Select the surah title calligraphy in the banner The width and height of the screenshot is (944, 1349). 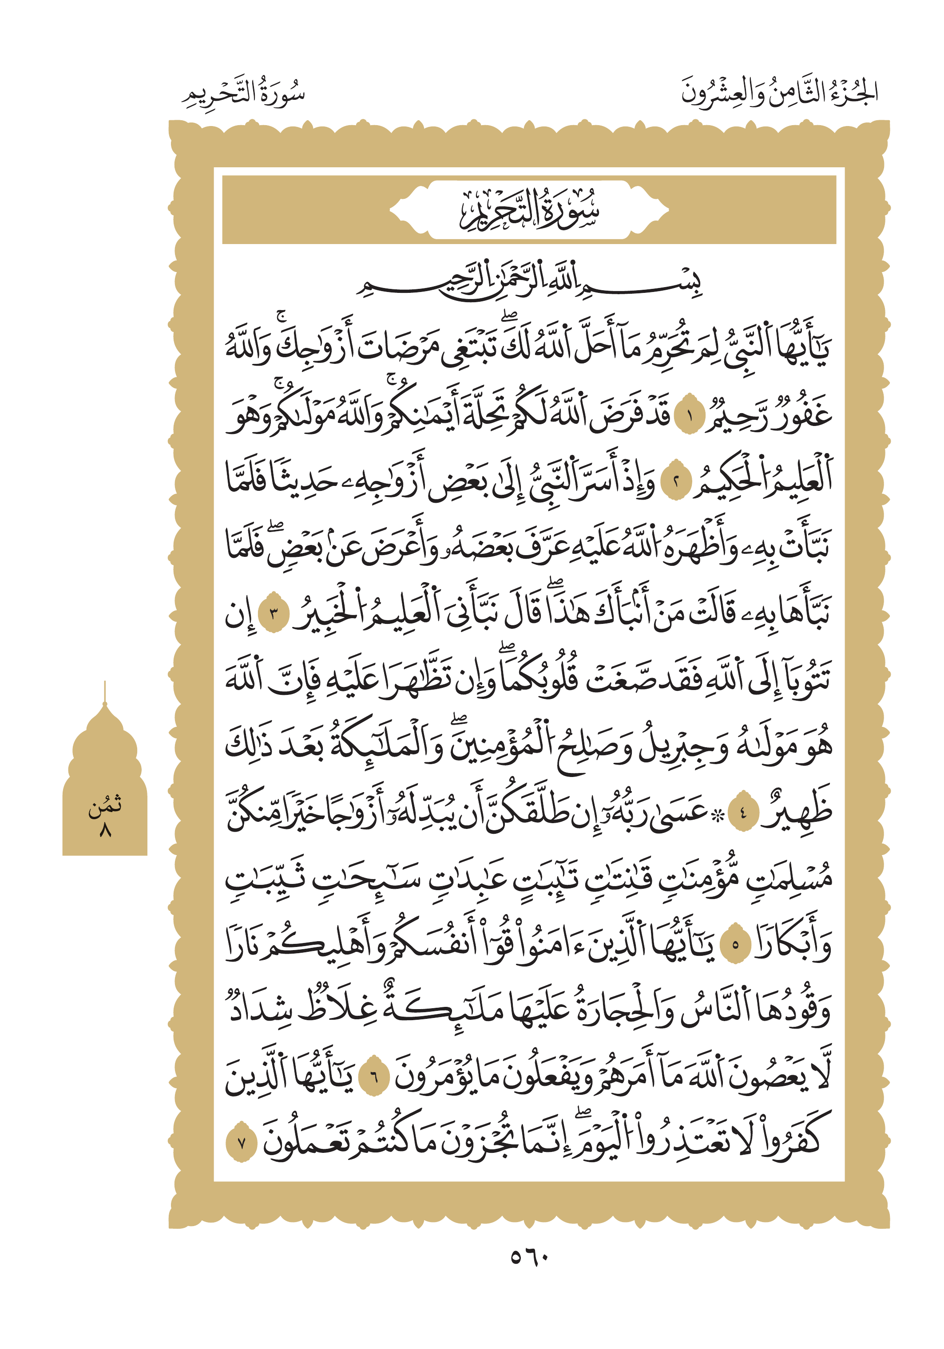pos(528,210)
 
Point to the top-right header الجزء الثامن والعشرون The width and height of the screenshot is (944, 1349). pos(779,93)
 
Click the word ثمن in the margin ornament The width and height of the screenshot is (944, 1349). pos(105,805)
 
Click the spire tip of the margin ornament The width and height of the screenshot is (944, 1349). pos(105,684)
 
